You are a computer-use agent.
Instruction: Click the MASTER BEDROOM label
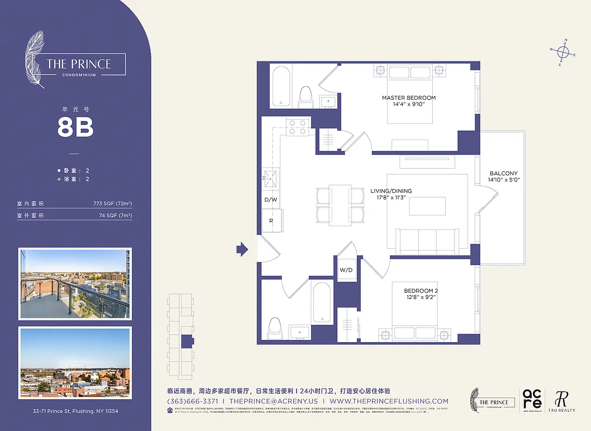tap(409, 98)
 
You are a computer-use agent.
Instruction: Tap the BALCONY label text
tap(503, 173)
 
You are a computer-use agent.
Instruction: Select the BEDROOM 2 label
tap(421, 291)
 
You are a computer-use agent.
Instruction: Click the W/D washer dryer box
tap(346, 270)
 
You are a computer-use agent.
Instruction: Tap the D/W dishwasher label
tap(270, 199)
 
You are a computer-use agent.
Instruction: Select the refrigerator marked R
tap(270, 220)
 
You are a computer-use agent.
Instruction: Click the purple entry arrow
tap(242, 249)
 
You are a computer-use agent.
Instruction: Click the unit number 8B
tap(75, 128)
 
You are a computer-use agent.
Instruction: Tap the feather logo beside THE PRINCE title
tap(36, 59)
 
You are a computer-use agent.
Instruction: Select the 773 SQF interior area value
tap(112, 204)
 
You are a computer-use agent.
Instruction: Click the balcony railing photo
tap(74, 283)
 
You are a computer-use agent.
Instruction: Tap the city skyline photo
tap(74, 362)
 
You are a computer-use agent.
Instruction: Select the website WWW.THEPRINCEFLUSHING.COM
tap(389, 401)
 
